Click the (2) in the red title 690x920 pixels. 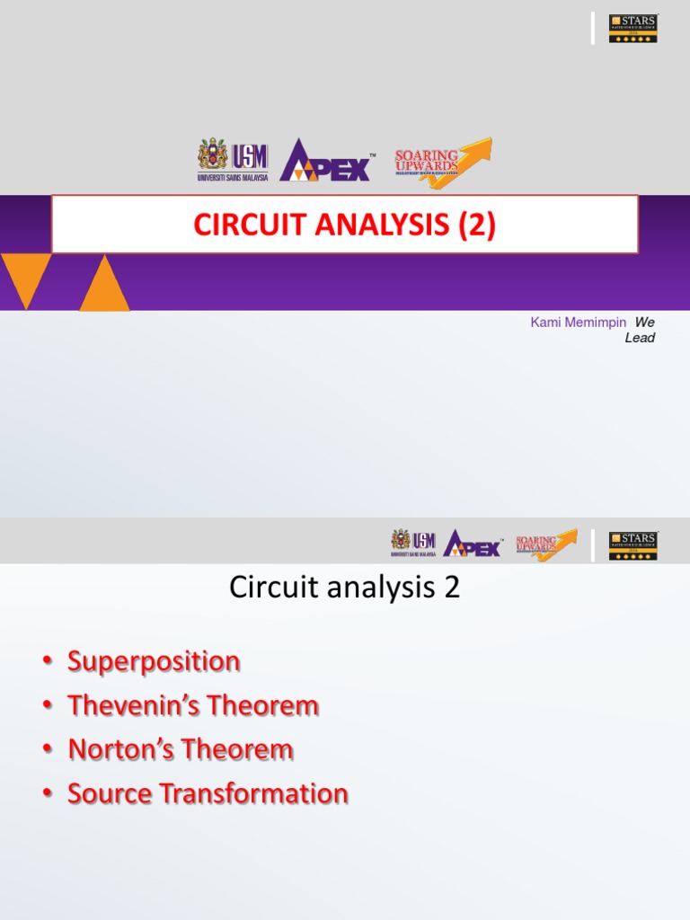tap(475, 226)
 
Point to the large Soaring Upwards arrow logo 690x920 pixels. tap(443, 163)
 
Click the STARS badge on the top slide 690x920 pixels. tap(633, 28)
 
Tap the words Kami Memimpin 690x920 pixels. tap(578, 323)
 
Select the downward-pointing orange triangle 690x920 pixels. tap(25, 277)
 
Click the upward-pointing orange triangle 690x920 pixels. tap(104, 286)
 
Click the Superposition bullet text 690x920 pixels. tap(154, 662)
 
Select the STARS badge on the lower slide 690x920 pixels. tap(633, 544)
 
